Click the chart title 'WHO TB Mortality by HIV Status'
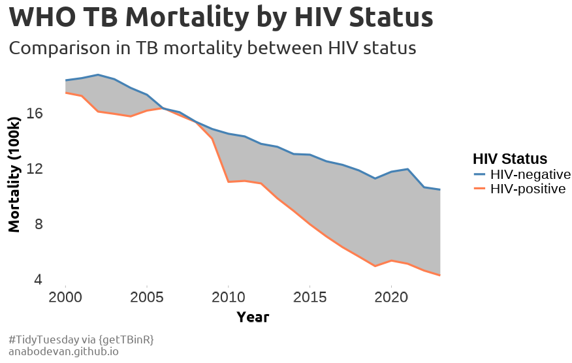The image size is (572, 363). (221, 18)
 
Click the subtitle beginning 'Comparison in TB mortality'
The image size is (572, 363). (213, 48)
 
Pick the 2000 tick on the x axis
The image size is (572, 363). (65, 298)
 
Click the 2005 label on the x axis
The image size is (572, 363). (147, 298)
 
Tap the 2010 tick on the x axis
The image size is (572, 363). (228, 298)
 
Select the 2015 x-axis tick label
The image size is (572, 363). (310, 298)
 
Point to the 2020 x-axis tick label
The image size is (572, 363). (390, 298)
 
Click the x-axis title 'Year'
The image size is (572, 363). (253, 317)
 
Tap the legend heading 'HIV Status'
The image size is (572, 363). (509, 159)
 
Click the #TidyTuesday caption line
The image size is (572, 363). (81, 339)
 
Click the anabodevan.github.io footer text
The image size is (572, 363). (63, 351)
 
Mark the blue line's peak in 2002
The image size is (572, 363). (98, 75)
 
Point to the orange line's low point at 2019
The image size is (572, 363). (375, 266)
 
